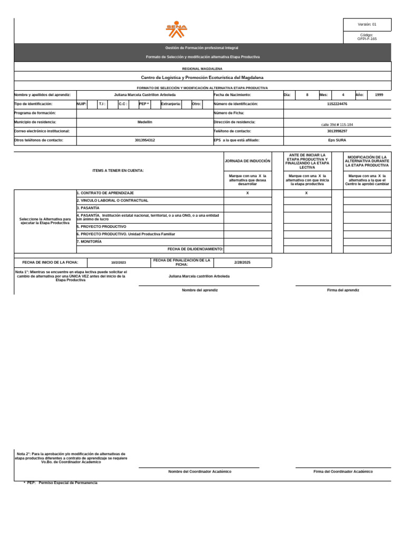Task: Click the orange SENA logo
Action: click(177, 30)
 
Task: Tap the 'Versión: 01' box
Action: click(367, 25)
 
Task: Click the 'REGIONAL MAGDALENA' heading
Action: click(202, 69)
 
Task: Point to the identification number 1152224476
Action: click(337, 104)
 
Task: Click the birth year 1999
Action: click(379, 95)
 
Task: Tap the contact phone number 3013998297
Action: click(337, 131)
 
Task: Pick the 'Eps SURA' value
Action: click(337, 140)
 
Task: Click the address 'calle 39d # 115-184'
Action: click(337, 124)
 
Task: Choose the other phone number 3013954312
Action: click(145, 140)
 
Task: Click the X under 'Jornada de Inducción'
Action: click(247, 194)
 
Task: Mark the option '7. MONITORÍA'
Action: click(89, 242)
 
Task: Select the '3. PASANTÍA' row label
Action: click(88, 208)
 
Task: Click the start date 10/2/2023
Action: click(119, 263)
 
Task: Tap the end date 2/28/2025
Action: click(243, 262)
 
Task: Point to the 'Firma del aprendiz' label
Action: click(343, 290)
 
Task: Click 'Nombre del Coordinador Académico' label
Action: click(199, 471)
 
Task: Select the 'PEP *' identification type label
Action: click(144, 104)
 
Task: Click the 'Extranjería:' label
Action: click(171, 104)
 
